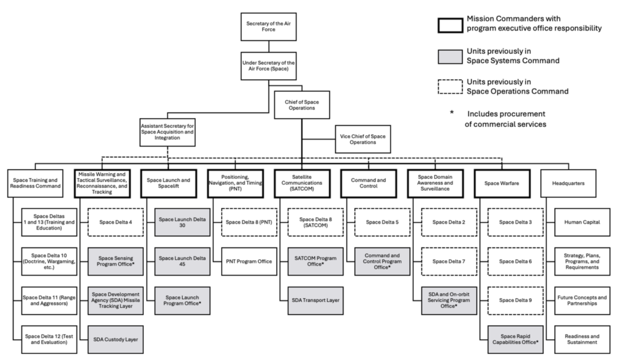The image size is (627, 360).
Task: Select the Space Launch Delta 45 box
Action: coord(181,261)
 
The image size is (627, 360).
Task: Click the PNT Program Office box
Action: coord(248,261)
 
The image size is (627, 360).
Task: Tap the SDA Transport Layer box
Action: coord(315,300)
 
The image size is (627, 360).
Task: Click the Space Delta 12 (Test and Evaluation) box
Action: coord(47,338)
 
